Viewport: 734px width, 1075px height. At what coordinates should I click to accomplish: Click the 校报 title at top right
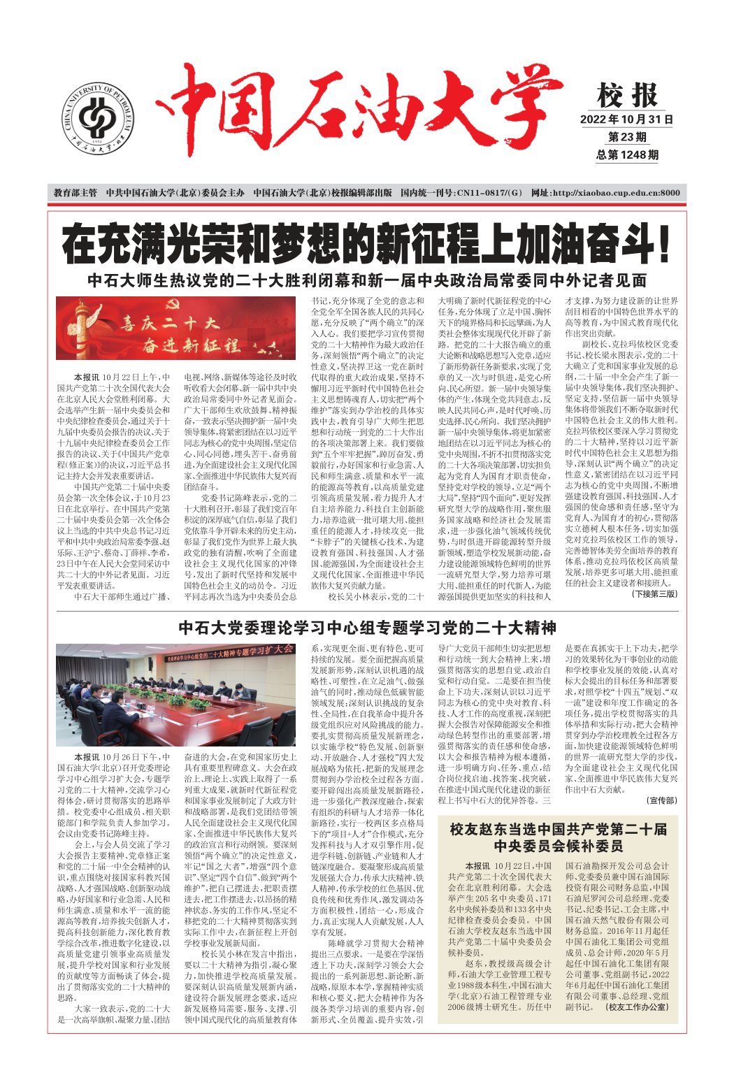click(x=628, y=95)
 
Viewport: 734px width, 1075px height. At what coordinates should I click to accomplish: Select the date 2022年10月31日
click(x=627, y=120)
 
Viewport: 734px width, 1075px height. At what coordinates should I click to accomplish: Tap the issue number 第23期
click(x=627, y=137)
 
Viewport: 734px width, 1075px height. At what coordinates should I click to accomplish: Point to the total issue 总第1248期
click(x=627, y=154)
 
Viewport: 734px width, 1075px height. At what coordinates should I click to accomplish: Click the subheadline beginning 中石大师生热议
click(x=366, y=280)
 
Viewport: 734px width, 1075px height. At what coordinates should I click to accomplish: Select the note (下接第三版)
click(x=654, y=593)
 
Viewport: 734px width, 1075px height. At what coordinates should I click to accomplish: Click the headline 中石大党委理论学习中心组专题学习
click(x=366, y=627)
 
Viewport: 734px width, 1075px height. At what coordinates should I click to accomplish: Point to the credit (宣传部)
click(x=661, y=800)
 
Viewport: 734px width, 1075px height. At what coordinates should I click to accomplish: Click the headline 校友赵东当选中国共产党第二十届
click(x=557, y=837)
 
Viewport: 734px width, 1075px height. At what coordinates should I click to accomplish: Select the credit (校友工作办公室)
click(x=638, y=1007)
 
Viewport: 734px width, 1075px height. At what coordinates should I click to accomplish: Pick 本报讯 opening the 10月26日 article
click(x=87, y=757)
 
